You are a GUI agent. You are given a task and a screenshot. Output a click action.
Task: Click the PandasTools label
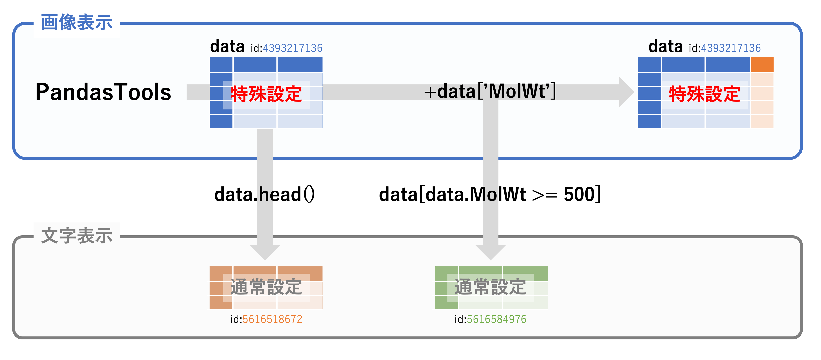(x=103, y=92)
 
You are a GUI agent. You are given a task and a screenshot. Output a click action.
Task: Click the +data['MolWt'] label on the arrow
(x=490, y=91)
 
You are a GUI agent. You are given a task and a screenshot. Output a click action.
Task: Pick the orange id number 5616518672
(x=272, y=319)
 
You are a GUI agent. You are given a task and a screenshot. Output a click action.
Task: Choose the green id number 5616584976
(x=496, y=319)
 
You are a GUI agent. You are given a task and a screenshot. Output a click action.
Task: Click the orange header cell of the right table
(x=762, y=65)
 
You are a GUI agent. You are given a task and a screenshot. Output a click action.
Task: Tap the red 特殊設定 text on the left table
(x=266, y=94)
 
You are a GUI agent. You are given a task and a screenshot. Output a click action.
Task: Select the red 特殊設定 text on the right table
(x=704, y=94)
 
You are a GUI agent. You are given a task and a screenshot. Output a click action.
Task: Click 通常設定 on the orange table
(x=266, y=287)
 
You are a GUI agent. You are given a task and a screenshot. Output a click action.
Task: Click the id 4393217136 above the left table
(x=292, y=48)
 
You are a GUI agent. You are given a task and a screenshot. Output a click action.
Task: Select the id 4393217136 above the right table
(x=731, y=48)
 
